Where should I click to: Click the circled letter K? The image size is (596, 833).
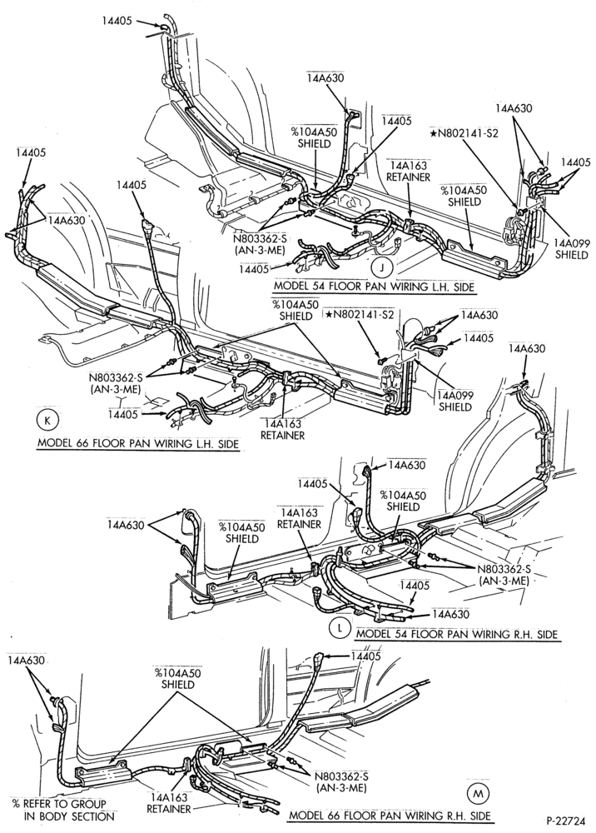(x=46, y=421)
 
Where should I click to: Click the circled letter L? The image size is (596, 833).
(x=339, y=628)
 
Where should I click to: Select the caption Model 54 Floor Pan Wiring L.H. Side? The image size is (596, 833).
(x=374, y=287)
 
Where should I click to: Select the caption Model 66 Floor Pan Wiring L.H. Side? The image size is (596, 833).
(x=137, y=444)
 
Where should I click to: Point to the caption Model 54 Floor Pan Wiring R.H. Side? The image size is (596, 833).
(x=457, y=634)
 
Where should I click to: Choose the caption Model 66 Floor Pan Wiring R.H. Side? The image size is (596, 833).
(x=390, y=816)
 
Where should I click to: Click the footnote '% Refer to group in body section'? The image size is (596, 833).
(x=59, y=811)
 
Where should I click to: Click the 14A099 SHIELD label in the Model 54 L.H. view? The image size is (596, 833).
(x=572, y=249)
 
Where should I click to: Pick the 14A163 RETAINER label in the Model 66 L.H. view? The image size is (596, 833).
(x=283, y=430)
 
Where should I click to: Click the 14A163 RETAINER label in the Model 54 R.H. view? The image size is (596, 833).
(x=300, y=518)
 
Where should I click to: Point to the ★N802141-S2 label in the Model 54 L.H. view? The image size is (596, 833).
(x=464, y=134)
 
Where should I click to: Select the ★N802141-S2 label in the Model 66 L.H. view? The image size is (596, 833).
(x=360, y=315)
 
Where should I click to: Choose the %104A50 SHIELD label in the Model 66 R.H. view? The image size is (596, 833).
(x=178, y=679)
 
